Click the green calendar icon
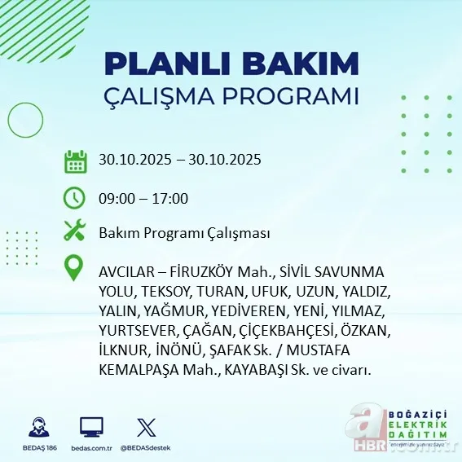(75, 161)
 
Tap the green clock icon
(75, 197)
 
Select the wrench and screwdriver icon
(75, 231)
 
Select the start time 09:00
(117, 198)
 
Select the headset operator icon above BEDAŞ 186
(38, 427)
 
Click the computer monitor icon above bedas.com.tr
(91, 427)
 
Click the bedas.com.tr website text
(91, 448)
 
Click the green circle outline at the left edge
(24, 121)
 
